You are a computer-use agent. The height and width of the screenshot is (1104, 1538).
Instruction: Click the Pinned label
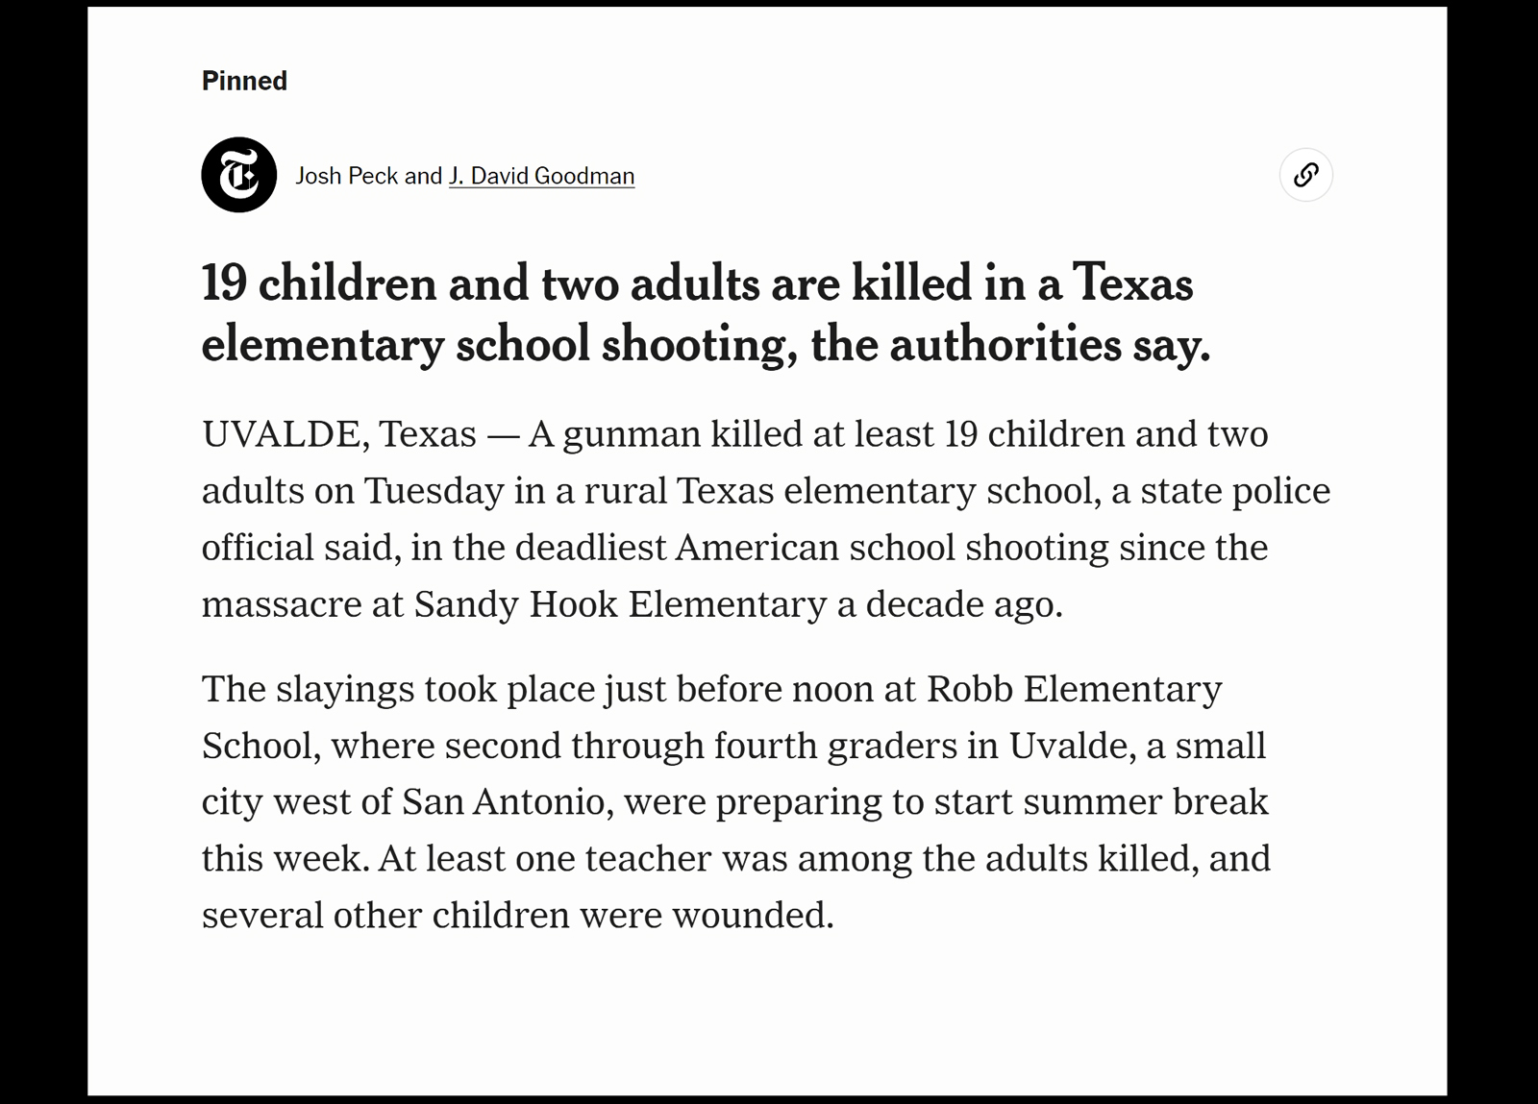[244, 81]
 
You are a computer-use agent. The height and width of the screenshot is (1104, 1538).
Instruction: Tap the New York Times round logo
[239, 175]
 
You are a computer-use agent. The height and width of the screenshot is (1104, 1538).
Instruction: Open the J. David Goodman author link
[541, 176]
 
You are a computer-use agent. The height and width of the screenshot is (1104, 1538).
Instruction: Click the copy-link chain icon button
[1305, 175]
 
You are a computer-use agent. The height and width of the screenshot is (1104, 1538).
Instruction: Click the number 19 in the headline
[224, 283]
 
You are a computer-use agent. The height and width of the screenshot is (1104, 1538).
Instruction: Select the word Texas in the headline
[1132, 283]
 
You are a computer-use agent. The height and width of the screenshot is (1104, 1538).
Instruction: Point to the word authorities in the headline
[1005, 345]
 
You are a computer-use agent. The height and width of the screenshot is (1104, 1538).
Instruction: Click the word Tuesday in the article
[434, 491]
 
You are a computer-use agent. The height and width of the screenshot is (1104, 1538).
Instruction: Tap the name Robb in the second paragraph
[969, 689]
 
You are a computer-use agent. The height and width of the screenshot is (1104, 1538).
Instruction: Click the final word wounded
[753, 915]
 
